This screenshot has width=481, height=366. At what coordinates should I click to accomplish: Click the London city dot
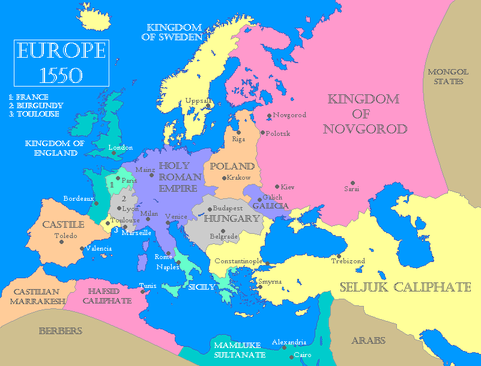coord(113,153)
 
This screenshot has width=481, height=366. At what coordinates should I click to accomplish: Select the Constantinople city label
coord(238,261)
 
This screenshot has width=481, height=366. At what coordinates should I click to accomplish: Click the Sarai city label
coord(352,189)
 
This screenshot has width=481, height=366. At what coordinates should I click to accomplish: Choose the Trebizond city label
coord(348,261)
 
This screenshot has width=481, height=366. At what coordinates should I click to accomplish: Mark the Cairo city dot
coord(292,356)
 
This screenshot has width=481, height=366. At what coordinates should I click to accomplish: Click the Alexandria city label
coord(289,342)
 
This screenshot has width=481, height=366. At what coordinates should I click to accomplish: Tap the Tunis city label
coord(147,285)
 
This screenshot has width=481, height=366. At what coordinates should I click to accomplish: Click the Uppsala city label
coord(198,100)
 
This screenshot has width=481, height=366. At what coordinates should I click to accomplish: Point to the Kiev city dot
coord(277,187)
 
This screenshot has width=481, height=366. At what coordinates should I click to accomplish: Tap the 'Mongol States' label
coord(445,76)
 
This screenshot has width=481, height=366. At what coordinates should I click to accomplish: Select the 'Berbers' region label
coord(60,331)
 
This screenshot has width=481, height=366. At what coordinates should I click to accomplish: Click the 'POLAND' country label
coord(232,166)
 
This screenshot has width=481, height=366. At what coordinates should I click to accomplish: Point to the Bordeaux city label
coord(79,198)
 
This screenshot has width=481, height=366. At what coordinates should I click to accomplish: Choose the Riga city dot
coord(238,132)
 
